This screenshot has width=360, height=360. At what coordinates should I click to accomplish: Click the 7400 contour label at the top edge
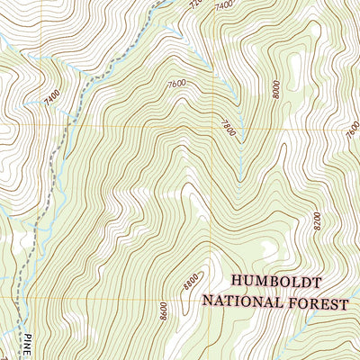click(224, 6)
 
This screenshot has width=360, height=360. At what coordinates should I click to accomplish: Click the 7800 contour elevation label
click(227, 129)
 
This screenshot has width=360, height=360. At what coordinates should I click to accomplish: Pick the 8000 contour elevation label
click(276, 87)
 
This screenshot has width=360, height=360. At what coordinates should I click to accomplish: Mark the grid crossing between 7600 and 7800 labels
click(214, 128)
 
